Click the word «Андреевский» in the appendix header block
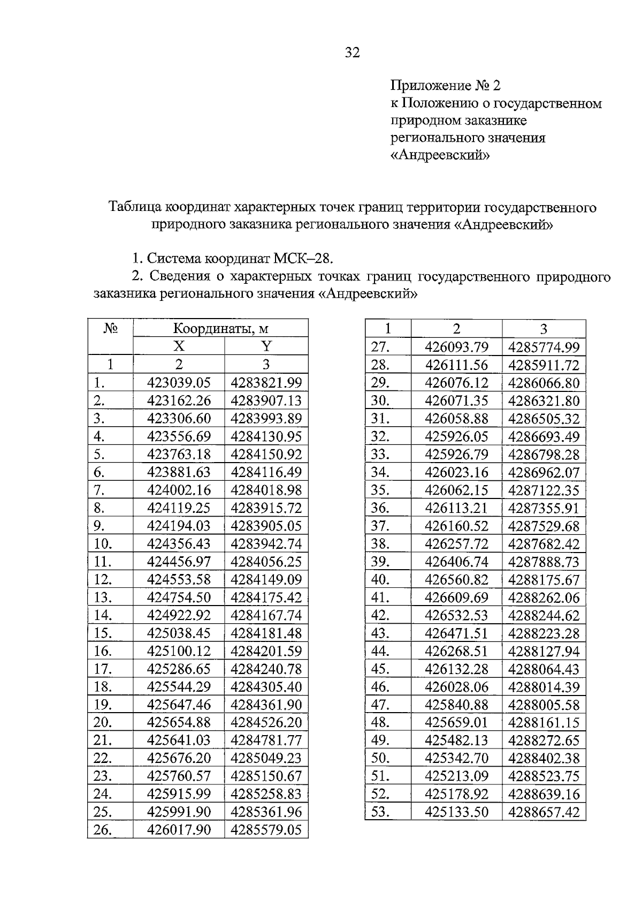440,155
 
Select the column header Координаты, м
220,328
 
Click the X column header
179,346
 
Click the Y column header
266,346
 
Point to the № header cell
110,328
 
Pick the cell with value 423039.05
179,383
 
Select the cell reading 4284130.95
266,436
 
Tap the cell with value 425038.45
179,633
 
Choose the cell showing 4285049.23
266,758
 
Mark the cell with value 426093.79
456,347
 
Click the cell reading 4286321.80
544,401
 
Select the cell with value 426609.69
456,598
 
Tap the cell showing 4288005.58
544,705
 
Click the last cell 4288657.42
544,812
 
